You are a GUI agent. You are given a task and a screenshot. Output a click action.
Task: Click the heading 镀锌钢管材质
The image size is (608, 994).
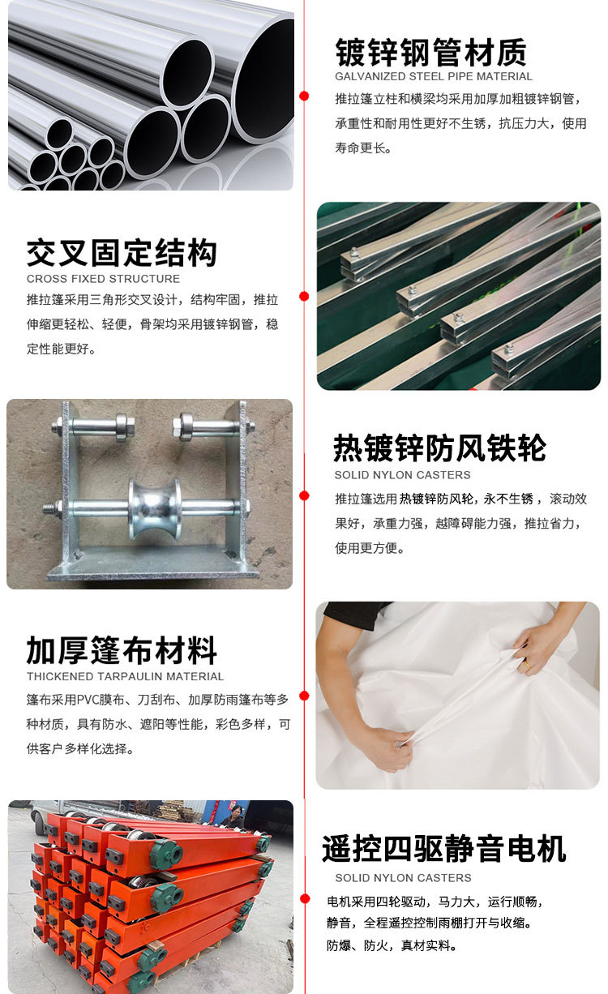coord(430,52)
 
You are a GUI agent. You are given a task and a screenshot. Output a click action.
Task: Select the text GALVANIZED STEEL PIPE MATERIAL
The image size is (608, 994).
coord(434,77)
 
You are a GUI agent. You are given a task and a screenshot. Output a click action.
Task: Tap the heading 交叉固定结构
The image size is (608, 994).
coord(122,253)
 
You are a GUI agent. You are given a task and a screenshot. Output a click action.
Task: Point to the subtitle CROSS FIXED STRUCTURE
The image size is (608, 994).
coord(103,279)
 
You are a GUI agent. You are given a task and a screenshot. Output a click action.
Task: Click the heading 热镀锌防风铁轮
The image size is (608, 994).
coord(440,448)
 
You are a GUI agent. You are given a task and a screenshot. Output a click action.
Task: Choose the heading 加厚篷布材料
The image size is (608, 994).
coord(122,650)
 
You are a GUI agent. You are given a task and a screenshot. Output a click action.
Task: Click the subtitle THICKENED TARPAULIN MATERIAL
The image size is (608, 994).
coord(125,676)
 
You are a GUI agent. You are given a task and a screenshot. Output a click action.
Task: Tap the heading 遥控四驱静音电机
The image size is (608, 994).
coord(444,849)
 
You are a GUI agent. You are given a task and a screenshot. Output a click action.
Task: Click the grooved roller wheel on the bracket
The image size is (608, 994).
coord(154,508)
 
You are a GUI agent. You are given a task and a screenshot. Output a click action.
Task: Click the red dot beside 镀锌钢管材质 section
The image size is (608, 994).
coord(305,96)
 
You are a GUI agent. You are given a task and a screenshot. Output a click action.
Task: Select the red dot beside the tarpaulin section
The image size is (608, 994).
coord(305,696)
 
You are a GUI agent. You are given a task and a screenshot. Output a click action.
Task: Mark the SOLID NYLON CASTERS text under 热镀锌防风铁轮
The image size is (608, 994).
coord(402,475)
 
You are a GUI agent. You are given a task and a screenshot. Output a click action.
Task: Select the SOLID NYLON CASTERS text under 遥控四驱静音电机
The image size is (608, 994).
coord(403,878)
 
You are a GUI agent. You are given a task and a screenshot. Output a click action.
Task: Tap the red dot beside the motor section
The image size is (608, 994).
coord(305,899)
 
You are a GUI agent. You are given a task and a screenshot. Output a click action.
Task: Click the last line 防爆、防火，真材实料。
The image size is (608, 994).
coord(392,945)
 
